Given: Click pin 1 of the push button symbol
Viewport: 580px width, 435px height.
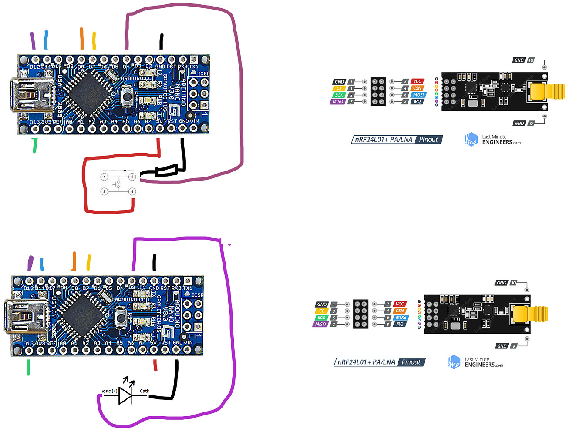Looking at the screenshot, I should (104, 177).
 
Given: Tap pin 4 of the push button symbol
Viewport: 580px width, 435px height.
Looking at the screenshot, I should (132, 191).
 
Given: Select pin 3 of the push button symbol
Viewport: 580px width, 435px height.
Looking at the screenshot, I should (104, 191).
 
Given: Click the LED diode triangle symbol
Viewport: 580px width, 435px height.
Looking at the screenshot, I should (125, 395).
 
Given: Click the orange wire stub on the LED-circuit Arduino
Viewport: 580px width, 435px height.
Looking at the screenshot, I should (74, 261).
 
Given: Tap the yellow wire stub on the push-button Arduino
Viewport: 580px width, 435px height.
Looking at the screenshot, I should (94, 40).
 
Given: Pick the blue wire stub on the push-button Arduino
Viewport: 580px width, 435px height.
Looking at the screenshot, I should (46, 40).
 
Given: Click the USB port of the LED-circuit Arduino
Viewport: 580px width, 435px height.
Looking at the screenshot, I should (26, 316).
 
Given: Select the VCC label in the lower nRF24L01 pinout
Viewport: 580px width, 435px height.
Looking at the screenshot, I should (400, 304).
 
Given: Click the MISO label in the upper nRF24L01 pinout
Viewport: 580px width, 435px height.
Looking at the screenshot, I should (338, 102).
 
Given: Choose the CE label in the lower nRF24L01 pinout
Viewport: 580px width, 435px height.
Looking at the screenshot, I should (321, 311).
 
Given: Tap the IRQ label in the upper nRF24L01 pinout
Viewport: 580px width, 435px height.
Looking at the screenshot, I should (417, 102).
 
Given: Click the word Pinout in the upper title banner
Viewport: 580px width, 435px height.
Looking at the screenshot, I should (428, 140).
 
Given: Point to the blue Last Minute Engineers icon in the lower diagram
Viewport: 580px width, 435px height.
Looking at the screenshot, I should (454, 362).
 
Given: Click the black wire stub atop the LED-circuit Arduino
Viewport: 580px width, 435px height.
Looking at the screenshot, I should (154, 263).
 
